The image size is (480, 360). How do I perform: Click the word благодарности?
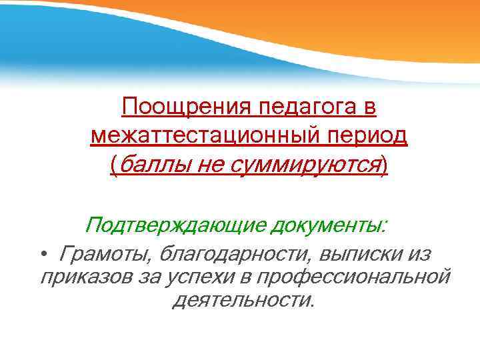pyautogui.click(x=221, y=254)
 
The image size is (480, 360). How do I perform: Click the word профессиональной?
pyautogui.click(x=354, y=277)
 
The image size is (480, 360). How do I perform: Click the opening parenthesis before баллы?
pyautogui.click(x=114, y=165)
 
